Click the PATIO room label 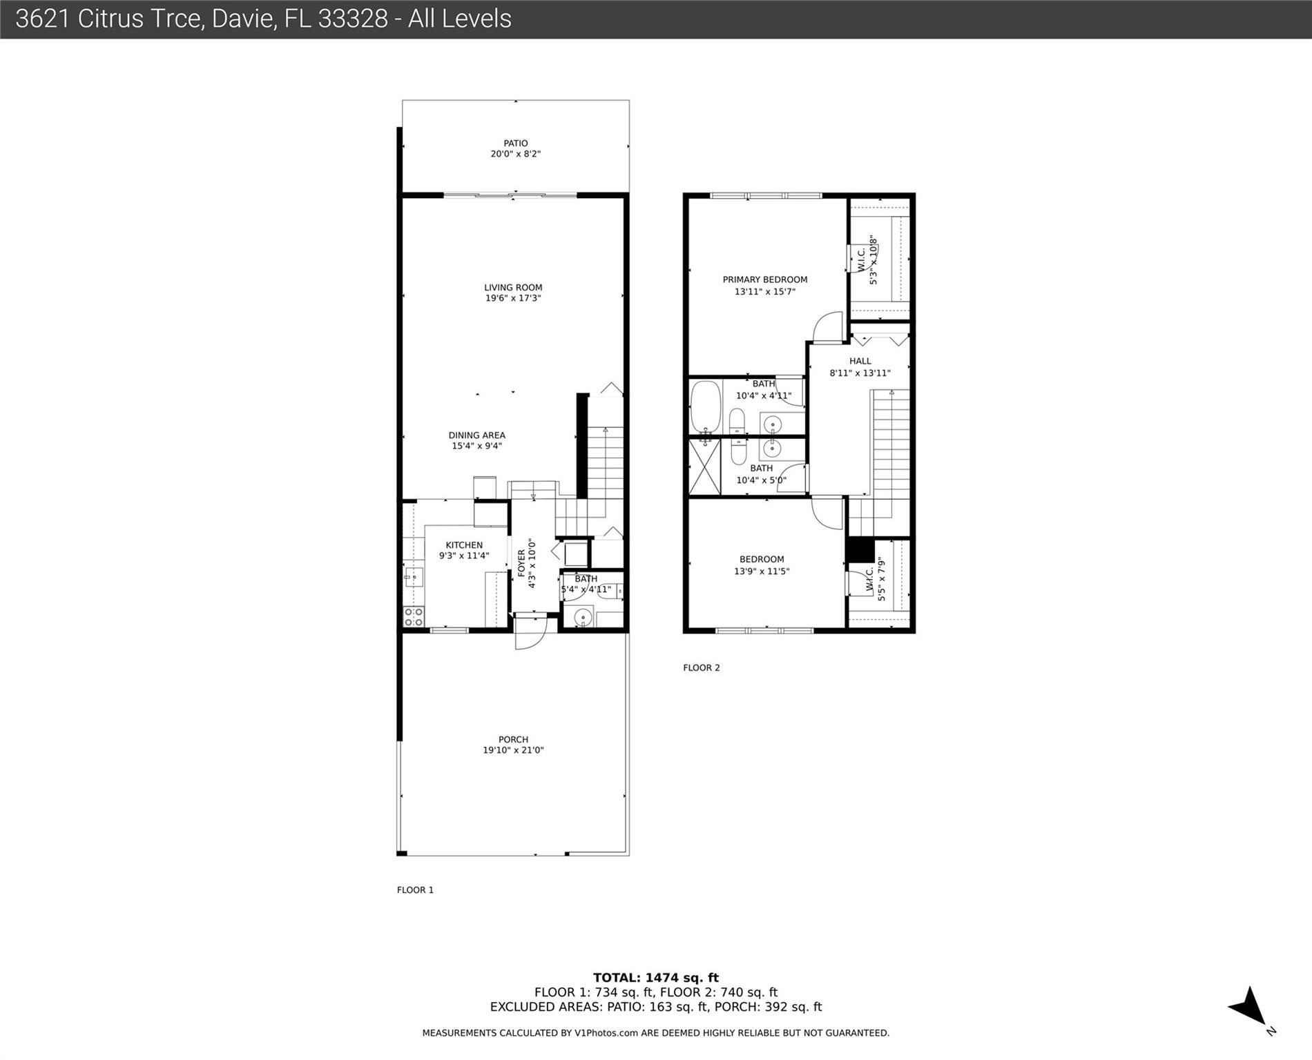515,144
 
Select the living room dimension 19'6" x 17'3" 512,298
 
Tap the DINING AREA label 476,435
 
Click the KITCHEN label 463,545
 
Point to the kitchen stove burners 414,616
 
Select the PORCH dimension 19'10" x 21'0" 513,750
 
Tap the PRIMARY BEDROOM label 764,279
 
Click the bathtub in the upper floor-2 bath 705,407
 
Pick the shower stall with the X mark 704,467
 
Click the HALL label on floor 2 860,361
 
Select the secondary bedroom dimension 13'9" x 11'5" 761,571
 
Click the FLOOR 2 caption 701,667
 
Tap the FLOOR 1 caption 415,890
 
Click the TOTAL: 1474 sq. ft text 655,977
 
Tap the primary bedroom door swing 827,327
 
